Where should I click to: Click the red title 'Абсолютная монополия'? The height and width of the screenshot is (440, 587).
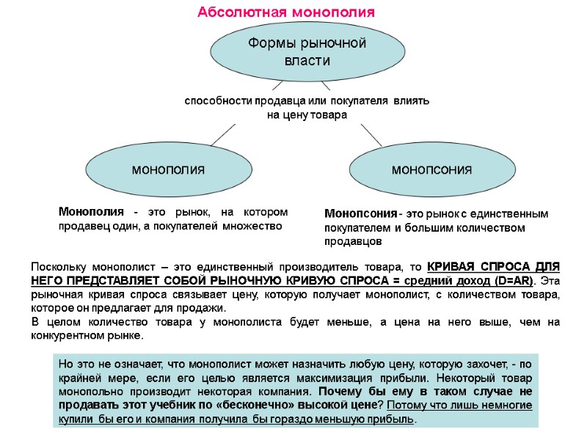(286, 12)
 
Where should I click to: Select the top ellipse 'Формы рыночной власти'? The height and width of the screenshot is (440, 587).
(307, 51)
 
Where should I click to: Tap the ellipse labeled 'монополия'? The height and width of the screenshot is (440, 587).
(167, 169)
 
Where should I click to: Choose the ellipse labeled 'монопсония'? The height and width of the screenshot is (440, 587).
(431, 169)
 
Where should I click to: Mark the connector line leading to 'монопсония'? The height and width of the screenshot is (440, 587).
(371, 135)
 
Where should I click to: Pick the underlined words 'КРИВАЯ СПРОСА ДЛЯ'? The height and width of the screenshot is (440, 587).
(494, 266)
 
